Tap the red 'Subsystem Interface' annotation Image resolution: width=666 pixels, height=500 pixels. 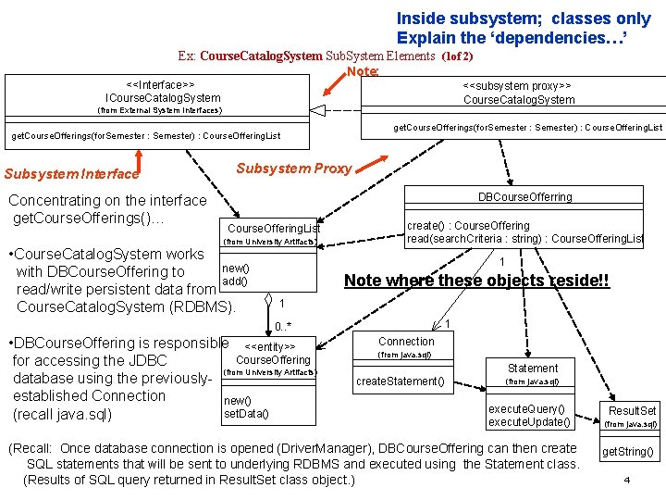point(72,173)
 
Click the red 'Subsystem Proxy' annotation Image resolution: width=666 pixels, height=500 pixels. point(293,168)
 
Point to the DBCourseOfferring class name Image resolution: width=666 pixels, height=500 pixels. point(524,196)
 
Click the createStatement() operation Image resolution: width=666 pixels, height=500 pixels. point(400,381)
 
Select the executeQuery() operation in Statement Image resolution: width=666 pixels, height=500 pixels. point(525,408)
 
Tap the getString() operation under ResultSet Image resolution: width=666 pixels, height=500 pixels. point(628,452)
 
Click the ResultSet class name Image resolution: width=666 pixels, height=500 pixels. point(632,410)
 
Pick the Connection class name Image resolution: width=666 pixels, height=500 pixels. point(406,341)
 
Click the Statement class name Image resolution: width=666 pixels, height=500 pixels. point(532,368)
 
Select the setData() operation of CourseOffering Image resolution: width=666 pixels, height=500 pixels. point(246,414)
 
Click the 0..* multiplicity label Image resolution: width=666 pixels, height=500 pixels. point(283,326)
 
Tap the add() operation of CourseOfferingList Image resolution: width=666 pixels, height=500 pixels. point(235,281)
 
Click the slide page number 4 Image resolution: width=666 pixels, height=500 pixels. point(626,481)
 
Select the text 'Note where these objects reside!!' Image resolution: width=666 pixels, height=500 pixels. point(476,281)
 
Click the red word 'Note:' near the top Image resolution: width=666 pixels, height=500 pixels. point(363,71)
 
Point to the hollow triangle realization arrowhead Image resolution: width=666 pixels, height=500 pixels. point(318,110)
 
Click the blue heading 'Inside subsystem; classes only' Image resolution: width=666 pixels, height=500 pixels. point(524,19)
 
